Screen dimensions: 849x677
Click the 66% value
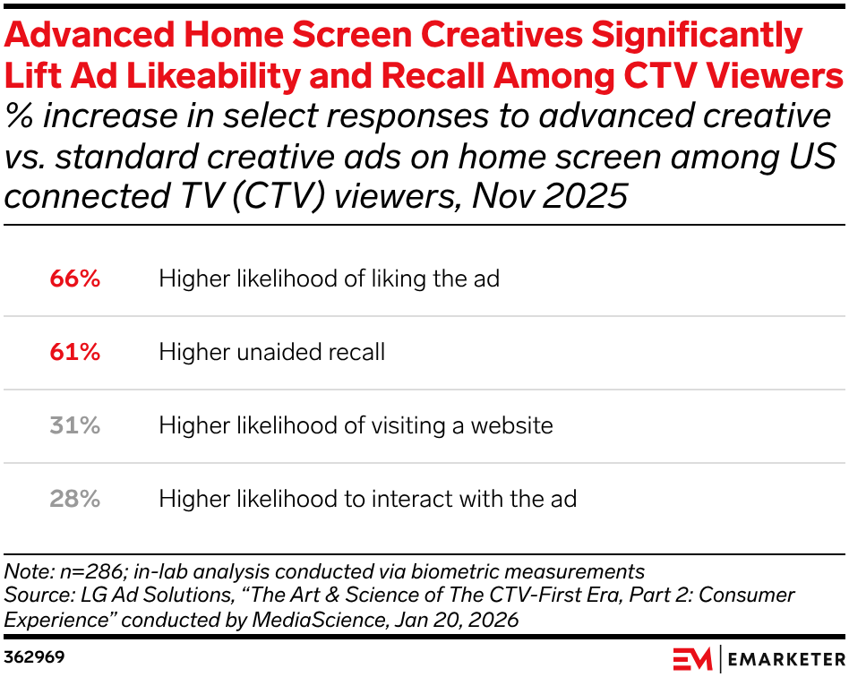pyautogui.click(x=74, y=279)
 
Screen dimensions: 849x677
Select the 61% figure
pyautogui.click(x=74, y=352)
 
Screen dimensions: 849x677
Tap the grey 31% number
pyautogui.click(x=74, y=425)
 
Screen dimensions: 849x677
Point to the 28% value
pyautogui.click(x=74, y=499)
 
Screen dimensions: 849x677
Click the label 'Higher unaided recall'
pyautogui.click(x=272, y=352)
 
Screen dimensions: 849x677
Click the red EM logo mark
pyautogui.click(x=692, y=658)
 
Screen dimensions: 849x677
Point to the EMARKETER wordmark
pyautogui.click(x=786, y=659)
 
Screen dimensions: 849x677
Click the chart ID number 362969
pyautogui.click(x=34, y=657)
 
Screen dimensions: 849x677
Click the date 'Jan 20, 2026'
pyautogui.click(x=457, y=620)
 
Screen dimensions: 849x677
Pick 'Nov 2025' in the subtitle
pyautogui.click(x=550, y=195)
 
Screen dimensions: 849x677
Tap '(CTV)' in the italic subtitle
pyautogui.click(x=279, y=196)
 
